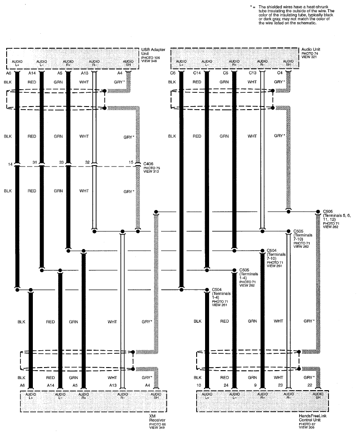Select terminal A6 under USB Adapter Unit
tap(8, 73)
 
